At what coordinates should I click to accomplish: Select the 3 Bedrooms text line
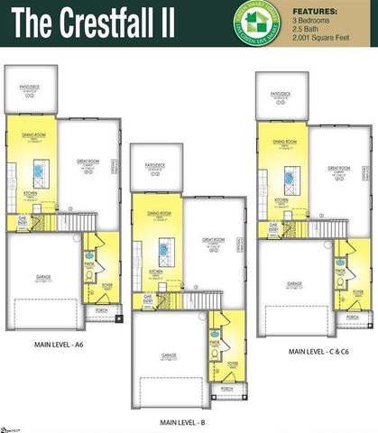311,18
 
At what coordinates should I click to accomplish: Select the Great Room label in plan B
214,240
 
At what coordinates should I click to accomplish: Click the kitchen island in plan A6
38,171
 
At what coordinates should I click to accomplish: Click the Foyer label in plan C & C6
358,293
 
